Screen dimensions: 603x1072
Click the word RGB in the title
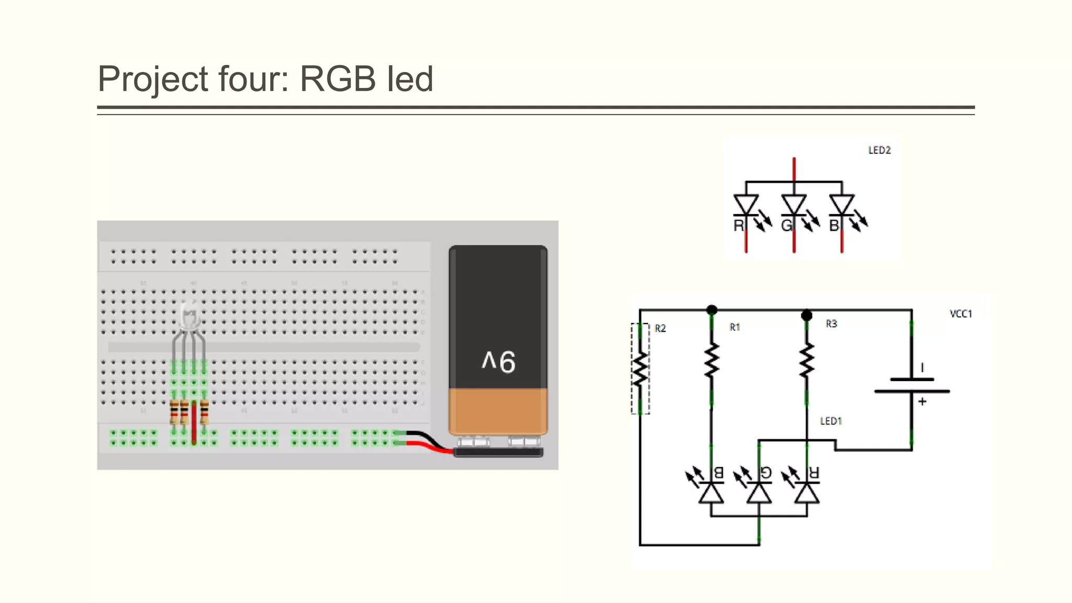point(337,79)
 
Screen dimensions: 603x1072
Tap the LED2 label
point(879,150)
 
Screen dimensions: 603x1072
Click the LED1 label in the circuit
point(831,421)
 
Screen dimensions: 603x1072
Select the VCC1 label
point(961,314)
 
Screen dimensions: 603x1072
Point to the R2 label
point(660,328)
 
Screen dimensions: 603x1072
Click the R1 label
point(735,327)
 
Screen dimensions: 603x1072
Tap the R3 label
point(831,324)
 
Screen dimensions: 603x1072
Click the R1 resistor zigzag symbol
point(711,360)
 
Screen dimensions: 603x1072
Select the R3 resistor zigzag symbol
point(807,360)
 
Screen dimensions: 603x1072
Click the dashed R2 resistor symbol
point(640,369)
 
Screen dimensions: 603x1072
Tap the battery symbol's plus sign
point(922,401)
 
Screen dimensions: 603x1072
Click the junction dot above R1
point(712,310)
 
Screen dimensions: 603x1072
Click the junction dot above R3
point(807,315)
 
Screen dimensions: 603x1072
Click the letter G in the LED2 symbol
point(786,226)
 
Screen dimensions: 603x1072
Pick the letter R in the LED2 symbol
point(738,226)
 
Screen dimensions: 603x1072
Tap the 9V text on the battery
point(498,362)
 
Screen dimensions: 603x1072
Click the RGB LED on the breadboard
point(189,316)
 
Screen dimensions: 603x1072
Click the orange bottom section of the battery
point(498,411)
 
